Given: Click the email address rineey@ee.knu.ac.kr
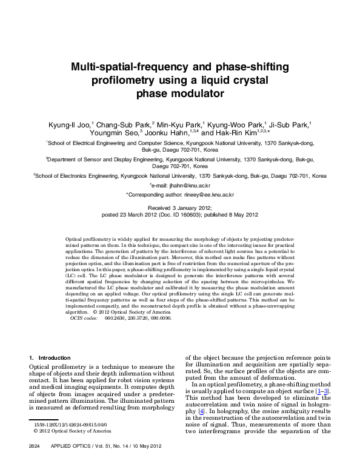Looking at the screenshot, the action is (x=207, y=195).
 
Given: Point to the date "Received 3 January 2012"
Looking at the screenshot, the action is (x=179, y=207).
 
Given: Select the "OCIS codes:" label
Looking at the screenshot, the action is (x=84, y=317).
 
